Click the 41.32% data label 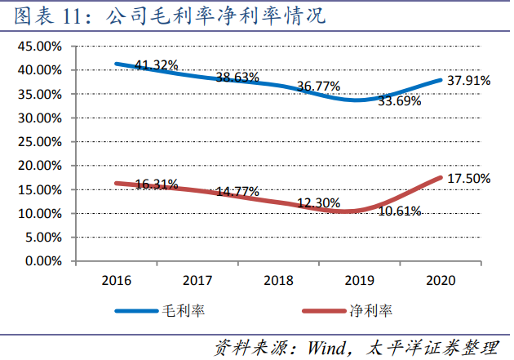tap(157, 64)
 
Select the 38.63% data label tap(237, 78)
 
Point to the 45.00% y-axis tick tap(38, 47)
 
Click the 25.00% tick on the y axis tap(38, 142)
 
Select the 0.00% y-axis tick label tap(41, 261)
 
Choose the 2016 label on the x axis tap(117, 280)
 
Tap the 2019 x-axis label tap(360, 280)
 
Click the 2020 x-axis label tap(441, 280)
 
